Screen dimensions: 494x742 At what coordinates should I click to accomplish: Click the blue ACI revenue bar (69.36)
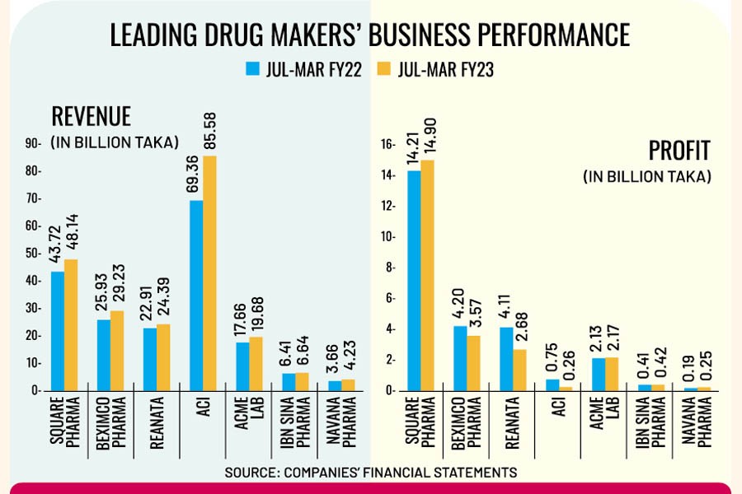click(x=196, y=296)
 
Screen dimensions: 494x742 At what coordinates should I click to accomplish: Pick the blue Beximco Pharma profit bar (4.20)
click(x=459, y=358)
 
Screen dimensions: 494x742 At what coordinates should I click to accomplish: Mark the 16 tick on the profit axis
click(x=387, y=144)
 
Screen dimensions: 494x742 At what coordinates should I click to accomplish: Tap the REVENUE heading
click(x=92, y=115)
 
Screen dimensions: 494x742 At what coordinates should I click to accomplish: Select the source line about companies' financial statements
click(x=370, y=473)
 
